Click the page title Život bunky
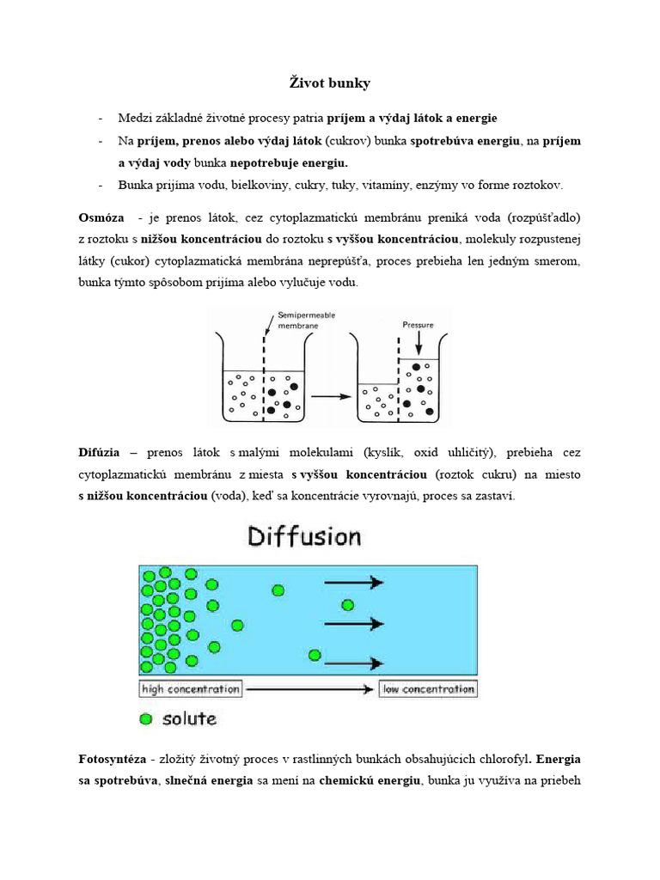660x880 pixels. pos(329,83)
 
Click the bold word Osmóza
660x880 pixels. pos(101,217)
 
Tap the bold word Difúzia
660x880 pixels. pos(101,452)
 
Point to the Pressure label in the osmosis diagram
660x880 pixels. pos(418,326)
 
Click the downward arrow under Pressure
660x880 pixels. pos(418,345)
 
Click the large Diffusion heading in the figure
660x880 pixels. pos(304,537)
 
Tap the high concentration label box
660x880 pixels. pos(191,689)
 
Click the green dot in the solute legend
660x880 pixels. pos(147,718)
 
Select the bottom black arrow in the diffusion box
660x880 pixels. pos(354,663)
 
